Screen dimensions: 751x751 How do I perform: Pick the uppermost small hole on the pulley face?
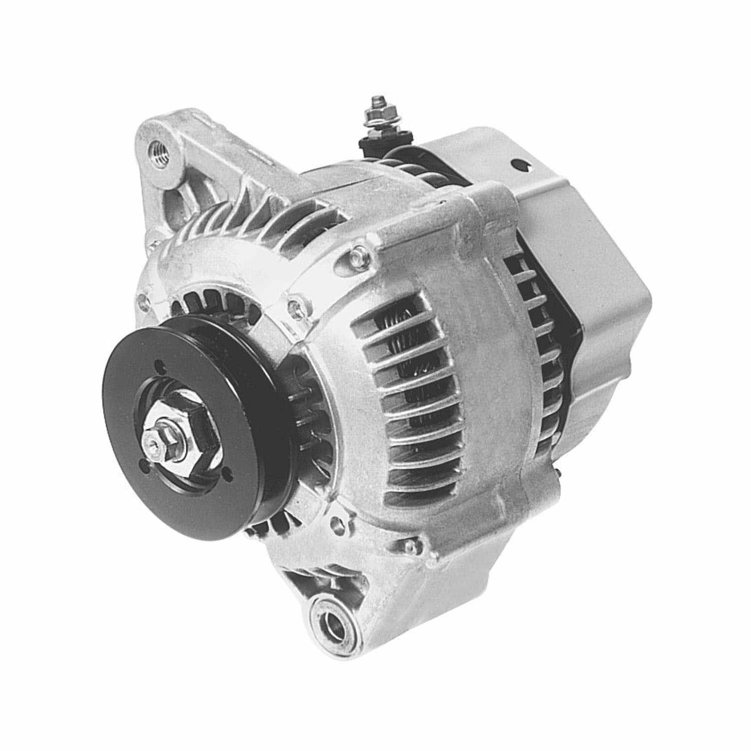pyautogui.click(x=159, y=364)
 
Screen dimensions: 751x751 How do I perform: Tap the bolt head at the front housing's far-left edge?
pyautogui.click(x=144, y=302)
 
